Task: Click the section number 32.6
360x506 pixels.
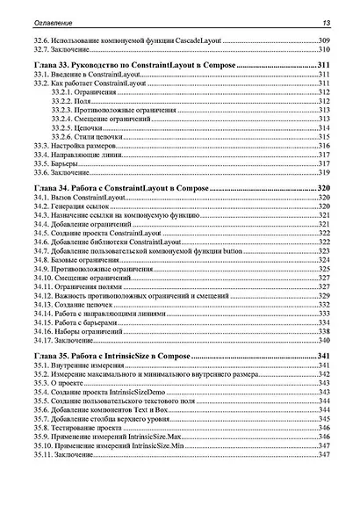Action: click(x=41, y=41)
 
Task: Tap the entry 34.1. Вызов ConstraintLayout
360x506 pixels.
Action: click(x=77, y=199)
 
